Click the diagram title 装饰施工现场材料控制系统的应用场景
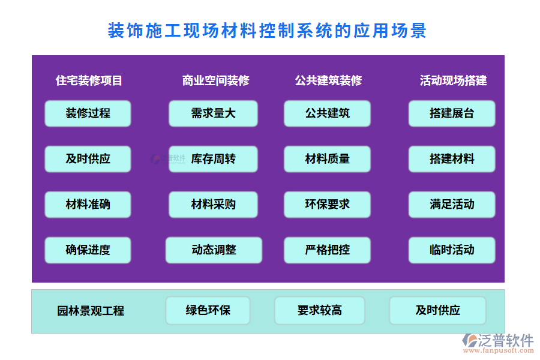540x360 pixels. coord(267,31)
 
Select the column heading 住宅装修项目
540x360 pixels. coord(89,80)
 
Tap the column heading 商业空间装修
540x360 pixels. coord(215,80)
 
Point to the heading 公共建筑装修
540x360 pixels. coord(328,80)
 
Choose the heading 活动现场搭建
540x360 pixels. coord(453,80)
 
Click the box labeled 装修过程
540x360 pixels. coord(88,113)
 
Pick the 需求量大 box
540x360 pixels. coord(213,113)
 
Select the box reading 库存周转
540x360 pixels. coord(213,159)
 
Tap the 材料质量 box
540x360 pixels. coord(327,159)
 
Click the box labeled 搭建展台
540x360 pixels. coord(452,113)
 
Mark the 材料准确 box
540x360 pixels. coord(88,205)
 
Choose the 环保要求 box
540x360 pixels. coord(327,205)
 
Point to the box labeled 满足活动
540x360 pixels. coord(452,205)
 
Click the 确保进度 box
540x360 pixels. coord(88,250)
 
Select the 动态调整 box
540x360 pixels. coord(214,250)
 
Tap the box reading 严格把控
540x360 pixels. coord(327,250)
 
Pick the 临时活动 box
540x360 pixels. coord(452,250)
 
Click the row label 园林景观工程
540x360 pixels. coord(91,311)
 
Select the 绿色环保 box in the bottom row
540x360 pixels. coord(208,311)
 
